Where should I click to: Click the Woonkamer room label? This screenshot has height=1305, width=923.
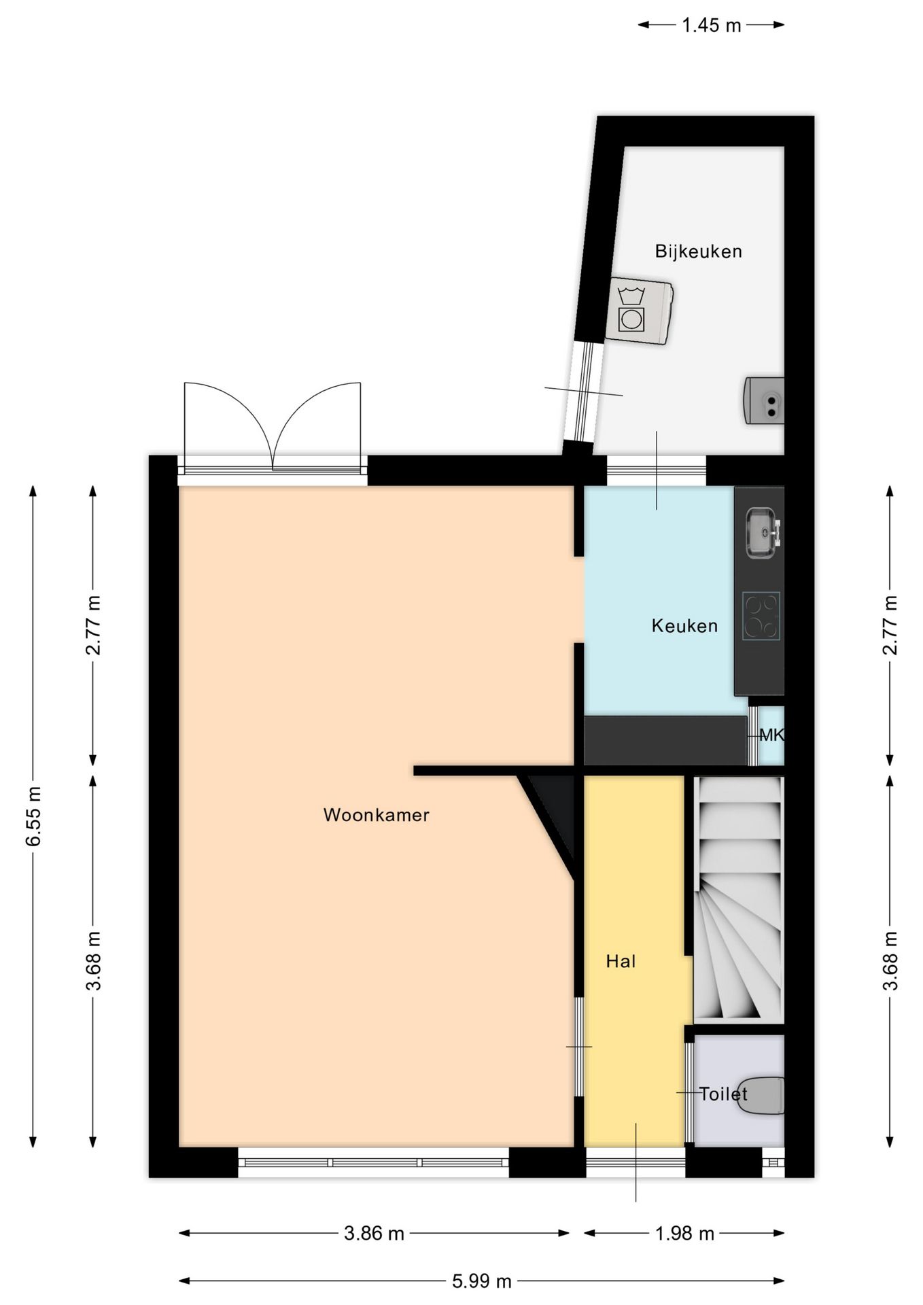tap(376, 815)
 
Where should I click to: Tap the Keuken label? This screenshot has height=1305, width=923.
tap(684, 626)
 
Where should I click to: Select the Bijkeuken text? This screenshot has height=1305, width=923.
tap(698, 251)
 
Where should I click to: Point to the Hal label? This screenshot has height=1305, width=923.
tap(621, 961)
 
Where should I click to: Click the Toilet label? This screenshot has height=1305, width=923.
tap(723, 1094)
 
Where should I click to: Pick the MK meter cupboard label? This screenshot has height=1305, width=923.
tap(771, 735)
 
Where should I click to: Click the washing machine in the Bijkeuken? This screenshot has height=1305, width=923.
tap(639, 311)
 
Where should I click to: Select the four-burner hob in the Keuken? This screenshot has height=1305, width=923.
tap(761, 616)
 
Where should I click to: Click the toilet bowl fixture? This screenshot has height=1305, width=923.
tap(761, 1096)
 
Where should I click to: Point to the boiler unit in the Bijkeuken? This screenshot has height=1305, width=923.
tap(764, 400)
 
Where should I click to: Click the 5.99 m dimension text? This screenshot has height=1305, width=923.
tap(481, 1281)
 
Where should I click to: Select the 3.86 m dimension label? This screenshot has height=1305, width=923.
tap(374, 1233)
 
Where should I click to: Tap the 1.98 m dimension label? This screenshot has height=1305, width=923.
tap(684, 1233)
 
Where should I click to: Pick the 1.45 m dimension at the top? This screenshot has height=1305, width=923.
tap(711, 25)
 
